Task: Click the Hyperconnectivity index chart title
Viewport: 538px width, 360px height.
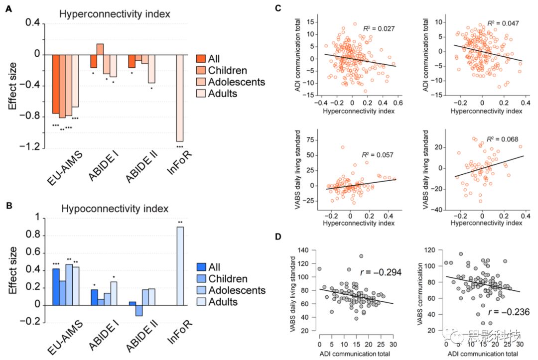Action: (x=115, y=14)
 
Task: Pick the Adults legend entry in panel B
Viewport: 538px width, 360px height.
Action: (x=222, y=302)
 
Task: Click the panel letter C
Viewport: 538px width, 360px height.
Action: (x=278, y=8)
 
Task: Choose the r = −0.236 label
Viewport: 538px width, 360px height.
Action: (x=505, y=312)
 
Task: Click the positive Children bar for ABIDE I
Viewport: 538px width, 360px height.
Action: (x=100, y=49)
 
